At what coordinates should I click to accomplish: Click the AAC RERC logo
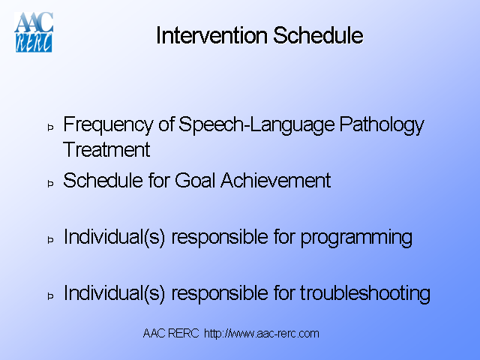click(33, 32)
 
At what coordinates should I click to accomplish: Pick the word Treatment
click(106, 149)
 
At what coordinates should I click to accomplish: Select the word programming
click(356, 238)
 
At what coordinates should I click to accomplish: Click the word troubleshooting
click(365, 293)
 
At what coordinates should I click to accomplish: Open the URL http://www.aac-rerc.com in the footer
click(261, 333)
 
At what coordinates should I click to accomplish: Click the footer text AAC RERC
click(171, 333)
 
